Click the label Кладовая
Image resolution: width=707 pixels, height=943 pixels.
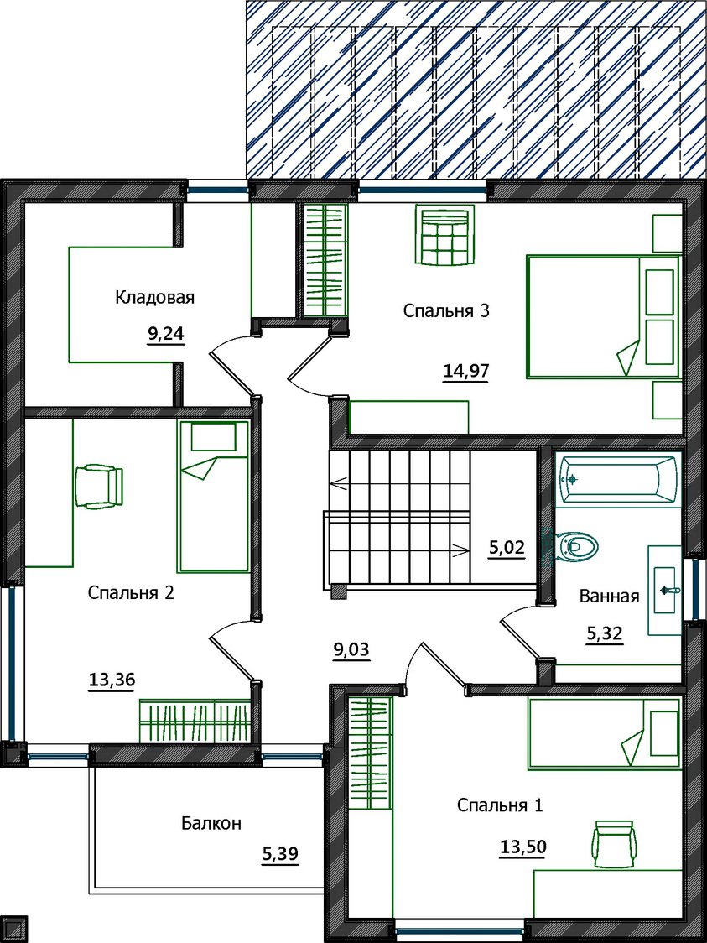(x=154, y=298)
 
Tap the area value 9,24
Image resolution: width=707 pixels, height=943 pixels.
(x=165, y=335)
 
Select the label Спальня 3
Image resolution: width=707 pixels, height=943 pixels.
(x=446, y=311)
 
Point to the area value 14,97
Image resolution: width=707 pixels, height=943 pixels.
(x=465, y=372)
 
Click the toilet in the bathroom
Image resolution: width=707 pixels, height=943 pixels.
(x=575, y=547)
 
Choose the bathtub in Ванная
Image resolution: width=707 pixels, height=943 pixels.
(x=618, y=479)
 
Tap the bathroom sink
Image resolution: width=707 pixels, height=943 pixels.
(x=666, y=590)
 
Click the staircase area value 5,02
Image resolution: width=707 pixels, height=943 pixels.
(x=507, y=548)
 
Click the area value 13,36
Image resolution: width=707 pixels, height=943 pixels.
(x=112, y=680)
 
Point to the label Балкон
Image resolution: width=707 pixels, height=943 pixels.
(x=211, y=823)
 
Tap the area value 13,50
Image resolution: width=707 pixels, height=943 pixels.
(x=523, y=847)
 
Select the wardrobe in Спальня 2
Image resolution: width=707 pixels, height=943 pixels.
(x=195, y=721)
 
